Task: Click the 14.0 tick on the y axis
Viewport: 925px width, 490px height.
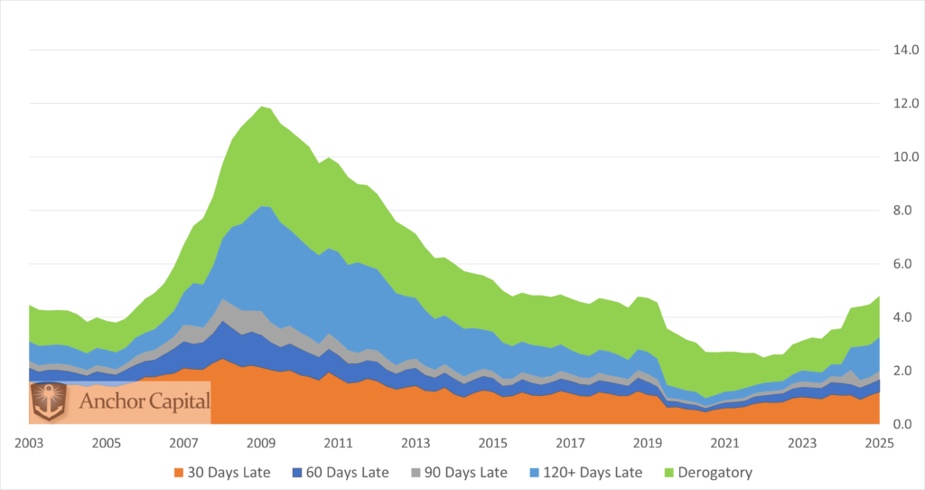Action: tap(905, 50)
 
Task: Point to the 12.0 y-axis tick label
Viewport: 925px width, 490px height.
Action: tap(905, 103)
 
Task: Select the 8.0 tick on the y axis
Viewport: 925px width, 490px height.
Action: tap(905, 210)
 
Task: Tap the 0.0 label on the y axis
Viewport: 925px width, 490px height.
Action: tap(905, 424)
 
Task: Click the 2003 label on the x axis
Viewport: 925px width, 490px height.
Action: tap(29, 444)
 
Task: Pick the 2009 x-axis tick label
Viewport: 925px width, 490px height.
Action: tap(261, 444)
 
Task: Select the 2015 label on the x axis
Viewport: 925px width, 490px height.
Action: tap(492, 444)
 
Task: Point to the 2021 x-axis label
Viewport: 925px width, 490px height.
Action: tap(724, 444)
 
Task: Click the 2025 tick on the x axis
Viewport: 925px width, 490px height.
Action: tap(879, 444)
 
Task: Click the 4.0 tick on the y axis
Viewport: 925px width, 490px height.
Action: tap(905, 317)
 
